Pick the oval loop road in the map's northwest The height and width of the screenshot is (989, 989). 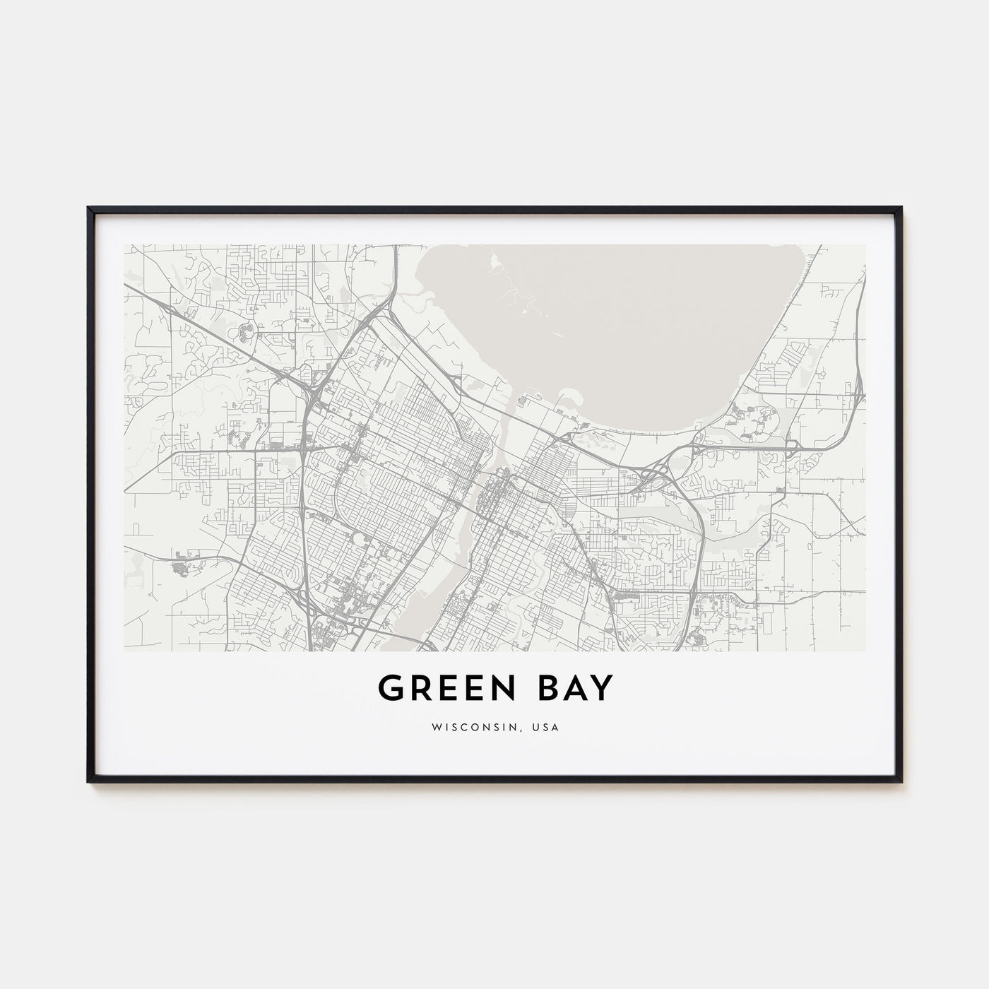pyautogui.click(x=248, y=330)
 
